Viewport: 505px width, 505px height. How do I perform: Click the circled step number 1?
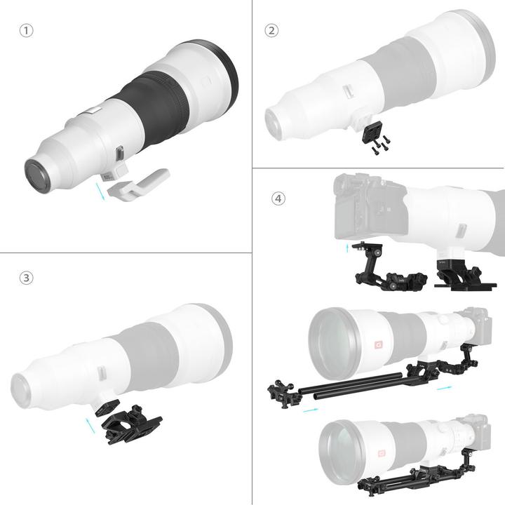point(25,32)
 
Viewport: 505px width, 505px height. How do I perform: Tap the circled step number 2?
point(271,31)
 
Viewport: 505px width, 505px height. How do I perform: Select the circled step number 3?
point(25,278)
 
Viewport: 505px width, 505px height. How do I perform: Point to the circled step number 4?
point(278,198)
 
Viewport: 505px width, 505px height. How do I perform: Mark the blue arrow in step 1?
point(103,190)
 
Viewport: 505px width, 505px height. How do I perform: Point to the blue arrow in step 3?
point(88,425)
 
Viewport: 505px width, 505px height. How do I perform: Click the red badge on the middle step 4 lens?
point(377,344)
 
